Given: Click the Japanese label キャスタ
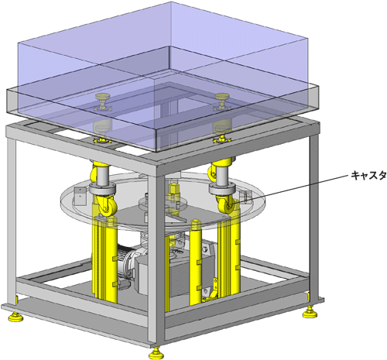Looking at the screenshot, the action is [x=368, y=176].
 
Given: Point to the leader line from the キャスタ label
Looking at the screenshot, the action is [x=289, y=190].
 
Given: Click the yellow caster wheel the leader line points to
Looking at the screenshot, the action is [x=226, y=205].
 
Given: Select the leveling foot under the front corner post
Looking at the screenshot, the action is [x=156, y=353].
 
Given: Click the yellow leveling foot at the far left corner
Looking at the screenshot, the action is [x=15, y=317].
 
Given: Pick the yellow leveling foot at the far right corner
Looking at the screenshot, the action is [x=310, y=313].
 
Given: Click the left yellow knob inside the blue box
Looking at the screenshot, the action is [x=102, y=101].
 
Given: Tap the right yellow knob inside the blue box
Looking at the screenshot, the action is [x=222, y=101].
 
